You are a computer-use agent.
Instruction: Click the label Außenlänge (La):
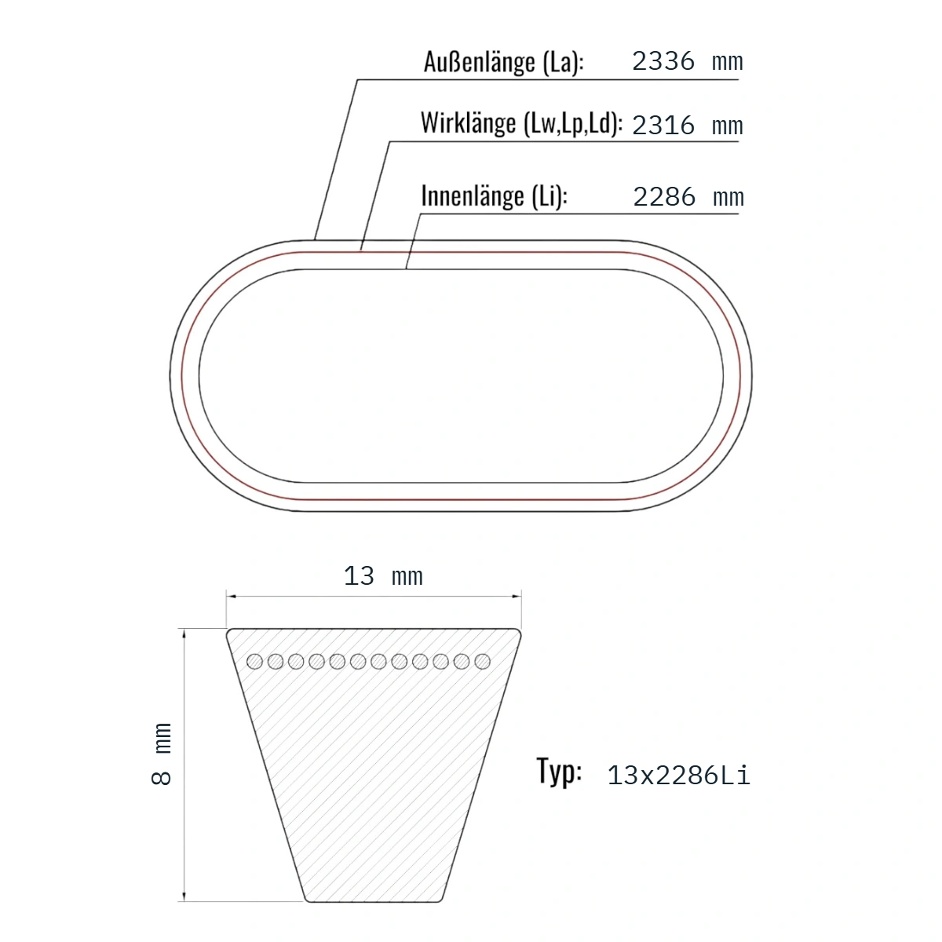tap(503, 62)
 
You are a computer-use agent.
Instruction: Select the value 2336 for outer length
tap(663, 61)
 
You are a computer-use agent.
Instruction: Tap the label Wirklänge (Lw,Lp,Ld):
tap(521, 122)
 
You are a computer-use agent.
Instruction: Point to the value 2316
tap(663, 126)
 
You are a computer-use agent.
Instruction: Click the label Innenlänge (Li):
tap(495, 196)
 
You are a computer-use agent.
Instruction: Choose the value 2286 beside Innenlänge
tap(664, 197)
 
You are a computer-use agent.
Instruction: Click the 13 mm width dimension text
tap(383, 576)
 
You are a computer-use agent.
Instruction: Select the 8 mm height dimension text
tap(162, 754)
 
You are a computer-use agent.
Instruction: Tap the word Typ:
tap(559, 771)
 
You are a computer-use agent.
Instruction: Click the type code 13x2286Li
tap(678, 776)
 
